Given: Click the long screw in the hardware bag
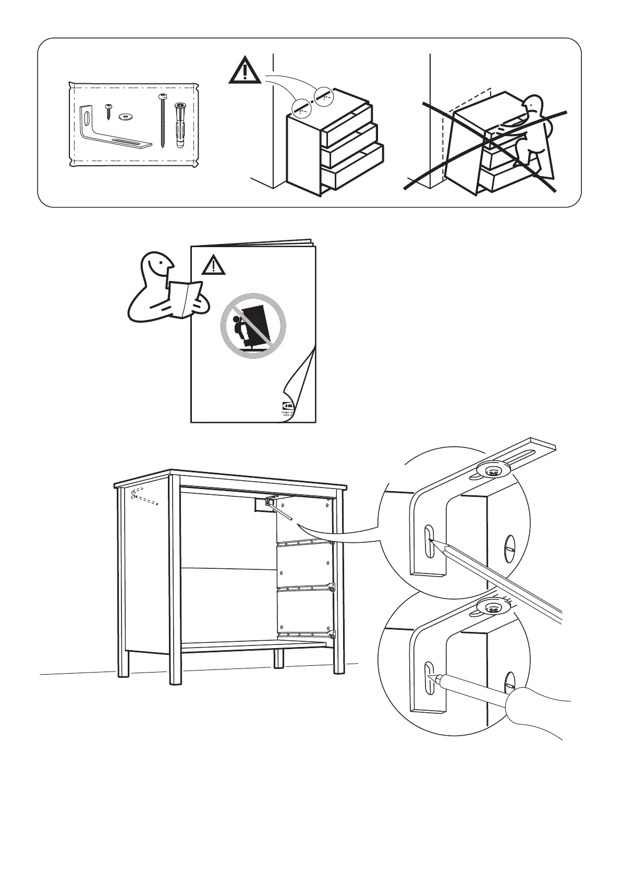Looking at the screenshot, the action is pos(163,120).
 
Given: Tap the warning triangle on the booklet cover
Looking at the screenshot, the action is pos(213,265).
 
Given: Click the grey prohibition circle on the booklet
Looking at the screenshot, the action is pos(253,325).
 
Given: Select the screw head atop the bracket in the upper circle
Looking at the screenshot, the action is pos(492,472).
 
